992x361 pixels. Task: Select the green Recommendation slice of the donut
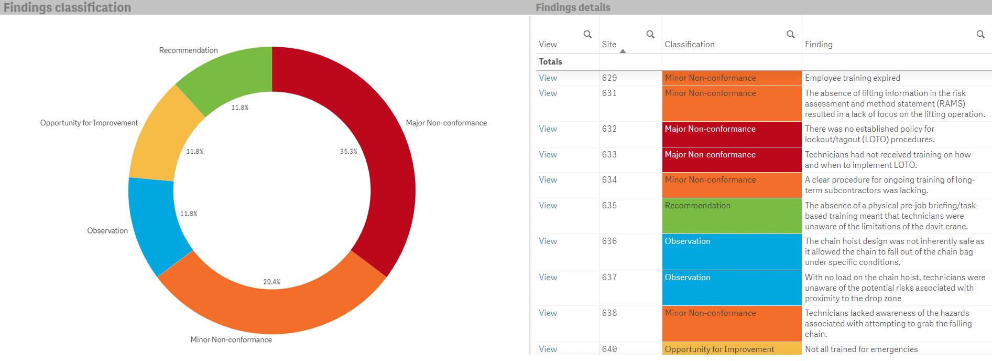tap(231, 79)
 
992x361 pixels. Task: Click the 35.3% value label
tap(348, 151)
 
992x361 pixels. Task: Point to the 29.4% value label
tap(271, 282)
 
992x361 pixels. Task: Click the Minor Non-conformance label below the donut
tap(231, 339)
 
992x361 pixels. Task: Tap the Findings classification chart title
tap(67, 7)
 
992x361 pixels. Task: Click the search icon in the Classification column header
tap(790, 34)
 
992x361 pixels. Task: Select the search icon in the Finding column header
tap(980, 34)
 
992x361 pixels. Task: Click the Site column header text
tap(609, 45)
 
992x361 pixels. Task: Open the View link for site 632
tap(548, 129)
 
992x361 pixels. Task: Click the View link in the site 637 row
tap(548, 278)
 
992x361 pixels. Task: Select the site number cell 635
tap(609, 206)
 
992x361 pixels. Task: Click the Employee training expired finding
tap(852, 78)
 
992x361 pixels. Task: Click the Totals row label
tap(550, 61)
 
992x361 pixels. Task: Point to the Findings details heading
tap(573, 7)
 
